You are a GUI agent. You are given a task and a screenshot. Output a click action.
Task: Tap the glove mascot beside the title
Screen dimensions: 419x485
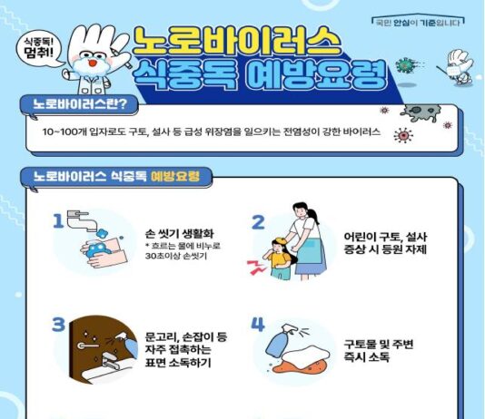point(89,60)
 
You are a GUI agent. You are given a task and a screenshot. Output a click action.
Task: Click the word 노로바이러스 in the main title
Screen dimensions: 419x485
point(238,38)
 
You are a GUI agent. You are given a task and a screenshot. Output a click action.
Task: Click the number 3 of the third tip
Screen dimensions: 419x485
point(59,325)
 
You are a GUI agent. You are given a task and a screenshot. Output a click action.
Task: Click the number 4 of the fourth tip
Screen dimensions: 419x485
point(258,325)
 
